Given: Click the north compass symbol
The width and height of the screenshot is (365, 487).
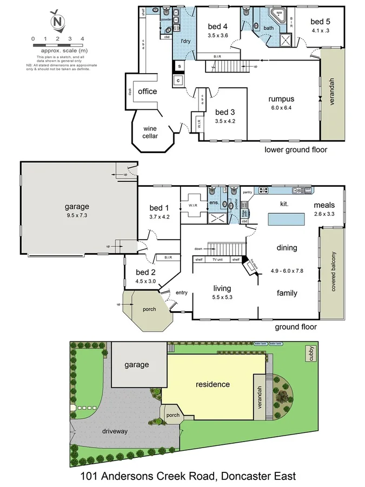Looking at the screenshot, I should click(56, 21).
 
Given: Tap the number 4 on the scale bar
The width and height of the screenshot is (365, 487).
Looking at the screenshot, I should click(82, 39).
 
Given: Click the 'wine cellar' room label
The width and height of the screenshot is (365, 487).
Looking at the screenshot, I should click(150, 132).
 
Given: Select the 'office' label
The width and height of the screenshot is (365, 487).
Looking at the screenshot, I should click(147, 91).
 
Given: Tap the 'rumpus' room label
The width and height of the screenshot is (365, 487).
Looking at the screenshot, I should click(281, 99).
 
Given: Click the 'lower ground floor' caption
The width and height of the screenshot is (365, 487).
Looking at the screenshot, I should click(296, 150).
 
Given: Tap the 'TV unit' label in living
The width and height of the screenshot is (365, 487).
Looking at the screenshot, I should click(218, 260).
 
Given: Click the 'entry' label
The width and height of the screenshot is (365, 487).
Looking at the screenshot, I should click(182, 293).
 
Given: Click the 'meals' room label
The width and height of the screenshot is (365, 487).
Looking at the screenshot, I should click(324, 205).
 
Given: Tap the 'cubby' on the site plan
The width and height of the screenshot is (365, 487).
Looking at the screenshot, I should click(311, 353).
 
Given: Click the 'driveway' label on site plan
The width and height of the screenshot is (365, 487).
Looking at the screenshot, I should click(114, 431).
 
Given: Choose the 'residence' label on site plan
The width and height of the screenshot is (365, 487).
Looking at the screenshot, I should click(213, 384).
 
